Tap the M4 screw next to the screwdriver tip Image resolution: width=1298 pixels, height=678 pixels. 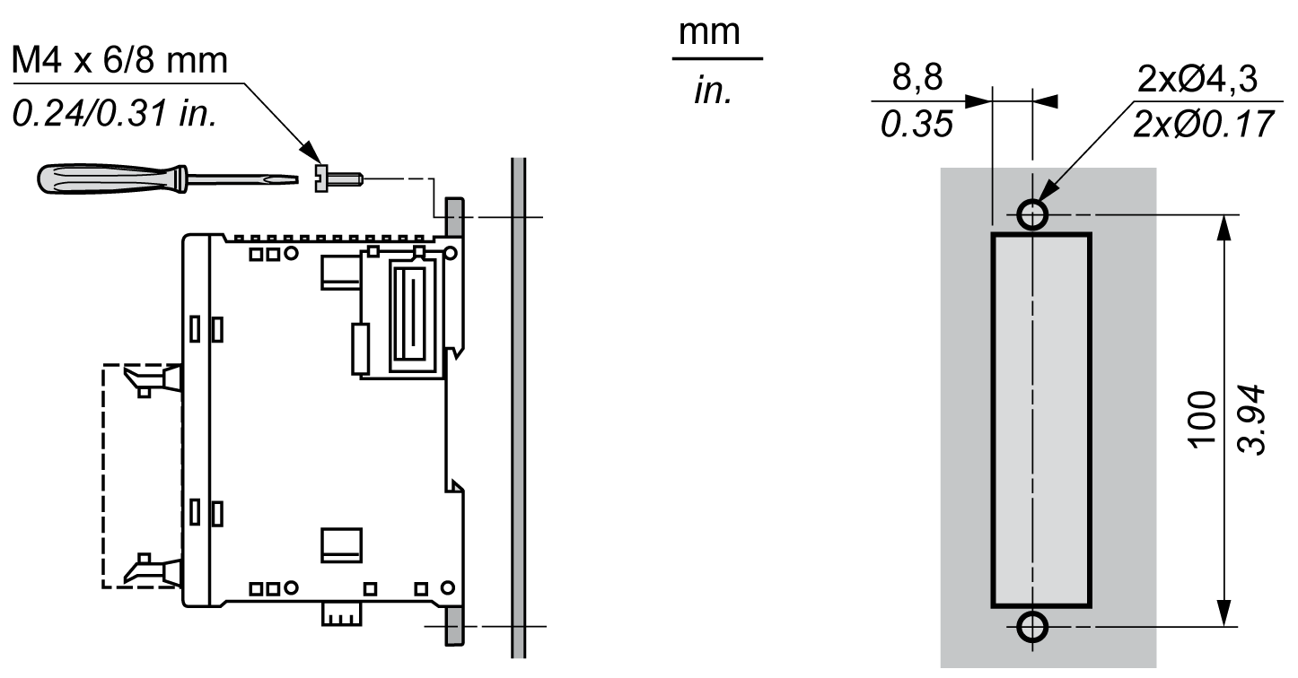tap(338, 178)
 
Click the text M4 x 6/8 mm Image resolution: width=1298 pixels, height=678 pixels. tap(119, 60)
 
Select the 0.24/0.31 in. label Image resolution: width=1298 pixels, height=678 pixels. tap(115, 112)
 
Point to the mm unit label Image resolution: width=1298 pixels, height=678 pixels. tap(709, 32)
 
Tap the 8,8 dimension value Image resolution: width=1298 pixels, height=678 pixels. tap(917, 77)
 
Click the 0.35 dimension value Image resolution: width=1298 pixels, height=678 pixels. tap(916, 124)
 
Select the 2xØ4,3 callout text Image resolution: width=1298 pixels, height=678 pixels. tap(1197, 79)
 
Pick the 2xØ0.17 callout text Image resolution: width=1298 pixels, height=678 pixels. tap(1203, 124)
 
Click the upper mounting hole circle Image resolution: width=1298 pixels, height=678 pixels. tap(1032, 215)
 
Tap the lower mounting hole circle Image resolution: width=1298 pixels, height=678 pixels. tap(1032, 627)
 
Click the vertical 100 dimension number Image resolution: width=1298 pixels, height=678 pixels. tap(1202, 420)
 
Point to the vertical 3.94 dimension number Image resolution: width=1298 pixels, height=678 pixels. tap(1250, 420)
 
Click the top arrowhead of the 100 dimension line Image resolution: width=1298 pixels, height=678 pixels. tap(1223, 228)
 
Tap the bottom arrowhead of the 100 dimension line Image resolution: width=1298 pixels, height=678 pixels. tap(1223, 613)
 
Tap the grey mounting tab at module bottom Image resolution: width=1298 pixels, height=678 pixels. tap(454, 627)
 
